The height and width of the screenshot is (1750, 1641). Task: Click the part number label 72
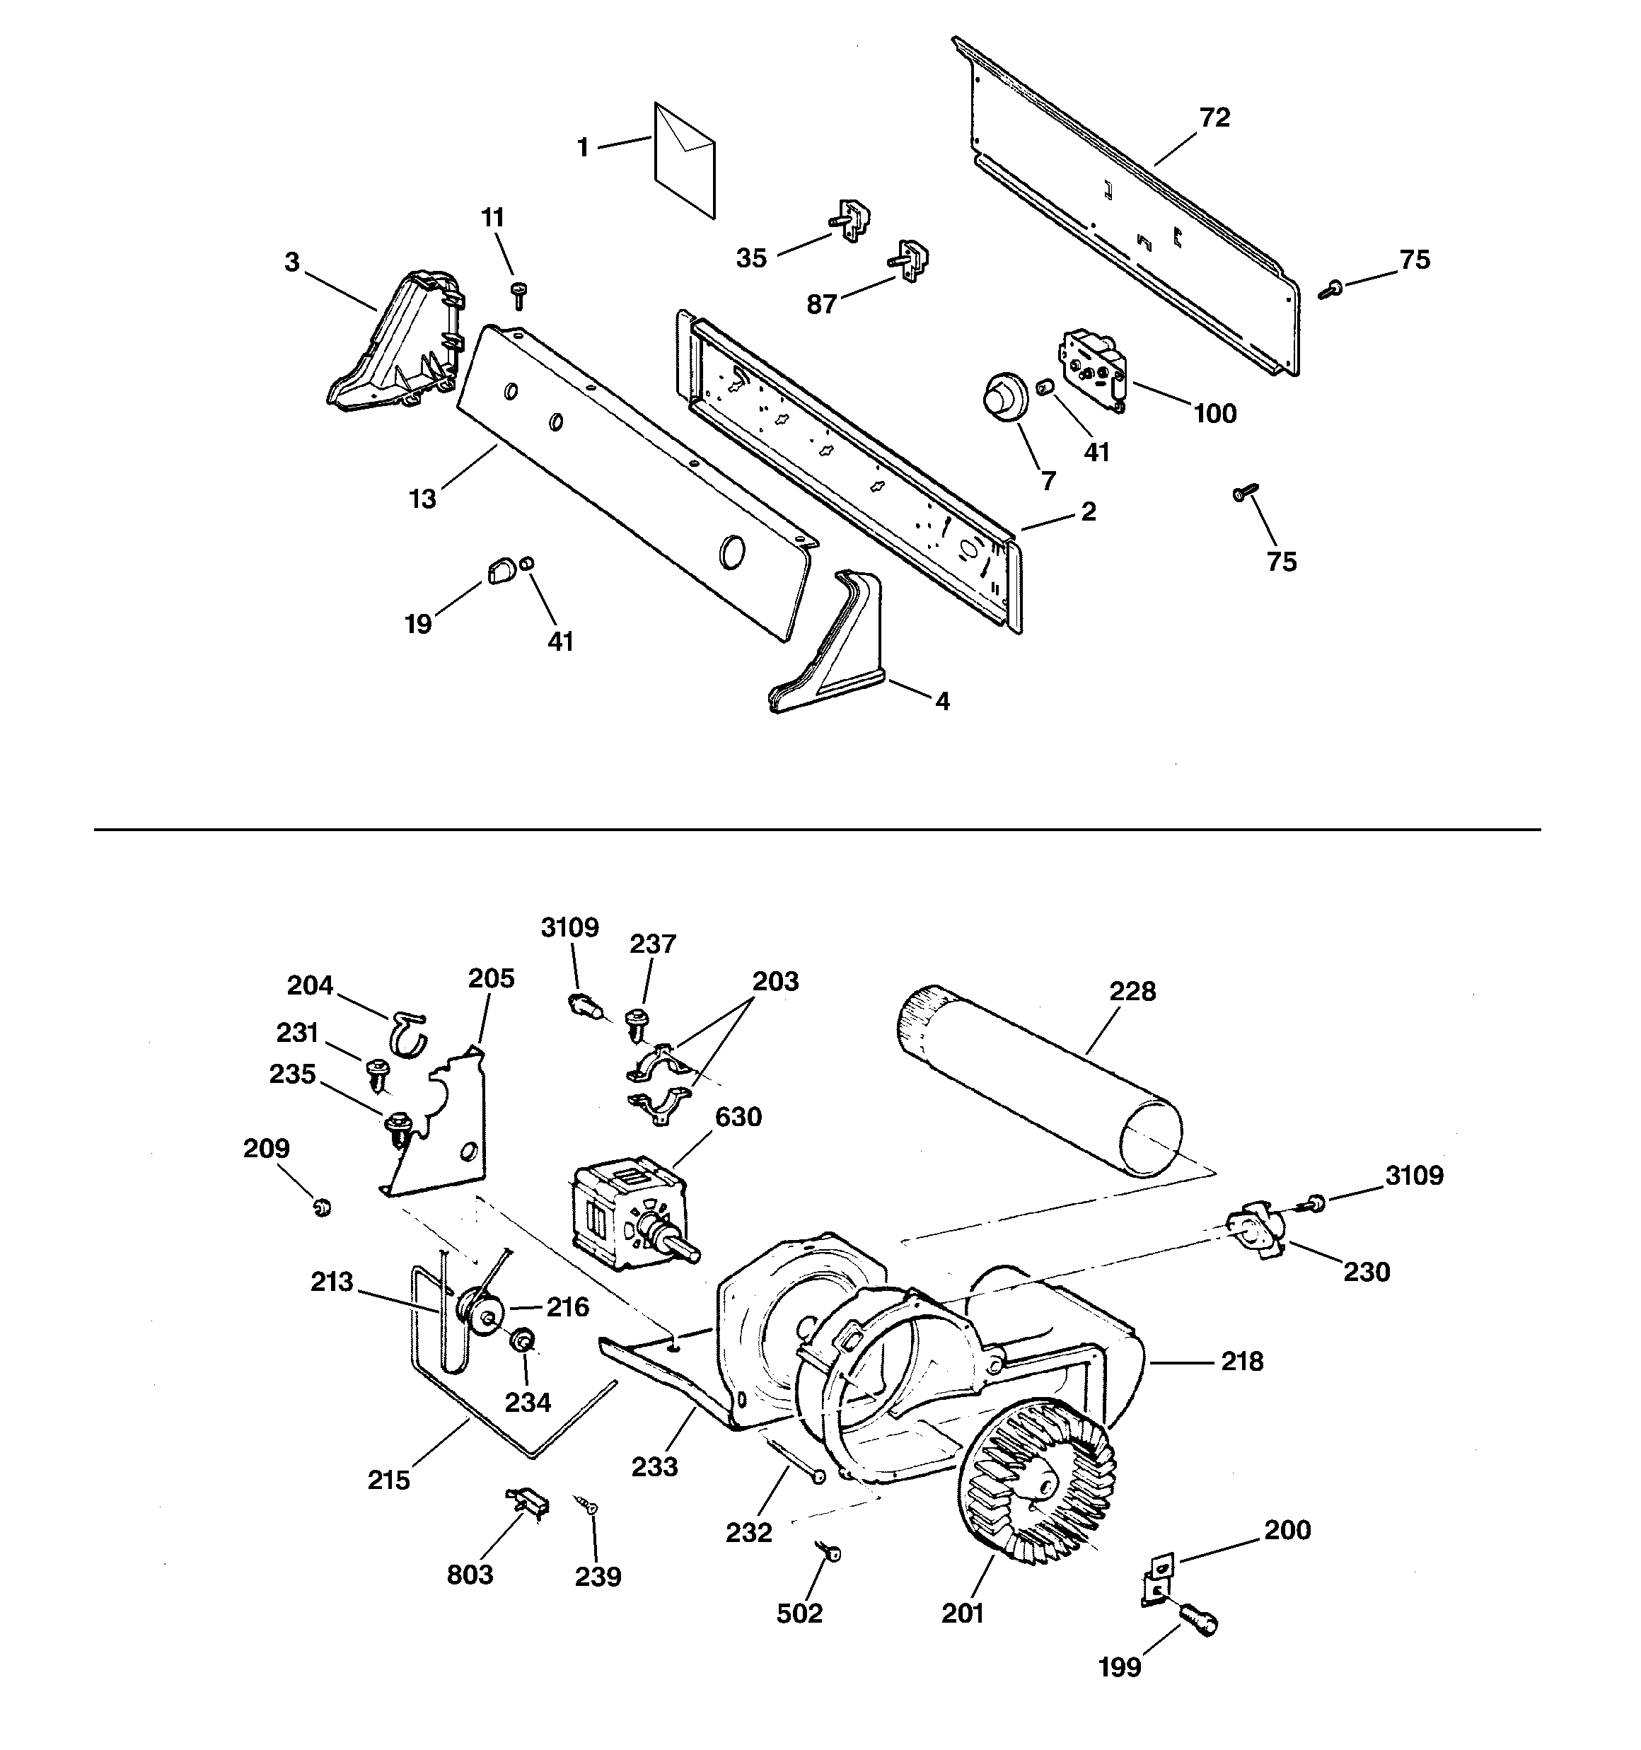point(1215,117)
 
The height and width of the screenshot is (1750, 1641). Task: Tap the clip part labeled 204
point(407,1033)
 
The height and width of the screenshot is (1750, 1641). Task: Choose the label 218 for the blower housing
point(1242,1361)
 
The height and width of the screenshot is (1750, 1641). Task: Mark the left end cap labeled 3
point(396,348)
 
